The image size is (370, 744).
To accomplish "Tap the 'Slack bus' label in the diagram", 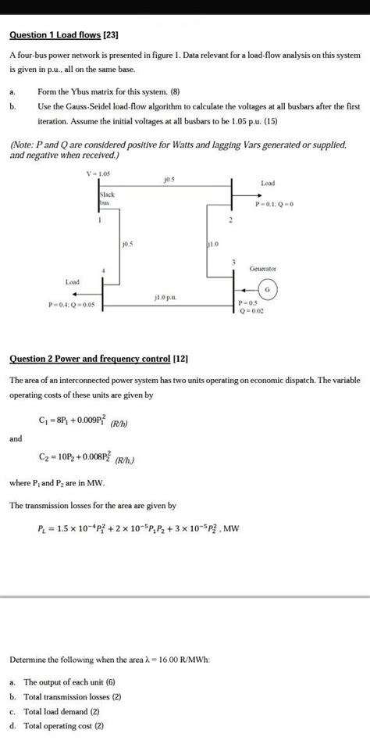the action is click(108, 197).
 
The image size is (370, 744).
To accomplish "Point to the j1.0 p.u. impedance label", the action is click(166, 298).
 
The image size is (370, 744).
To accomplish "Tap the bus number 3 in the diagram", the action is click(233, 260).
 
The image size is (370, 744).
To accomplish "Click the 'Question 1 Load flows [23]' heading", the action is click(62, 36).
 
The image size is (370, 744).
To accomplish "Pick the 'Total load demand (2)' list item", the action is click(66, 712).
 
